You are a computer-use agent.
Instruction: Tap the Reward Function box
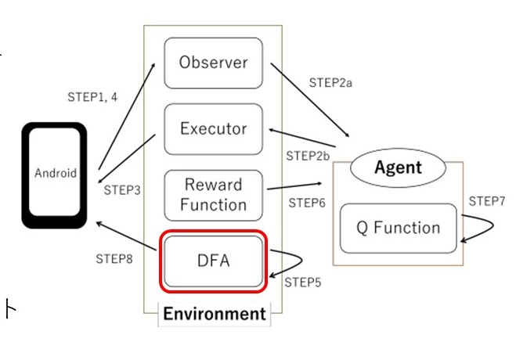(x=213, y=195)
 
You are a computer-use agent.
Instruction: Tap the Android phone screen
(x=56, y=174)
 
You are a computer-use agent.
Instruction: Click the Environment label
(x=214, y=315)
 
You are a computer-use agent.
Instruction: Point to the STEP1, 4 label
(x=93, y=97)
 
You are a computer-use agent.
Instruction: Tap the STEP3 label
(x=122, y=189)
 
